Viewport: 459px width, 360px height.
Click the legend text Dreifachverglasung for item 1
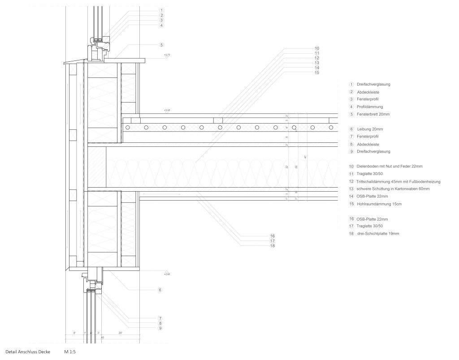coord(373,84)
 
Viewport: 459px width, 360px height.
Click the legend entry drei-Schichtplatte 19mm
coord(377,234)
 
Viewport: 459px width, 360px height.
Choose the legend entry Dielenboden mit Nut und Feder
coord(389,166)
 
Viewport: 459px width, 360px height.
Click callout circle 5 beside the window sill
coord(161,45)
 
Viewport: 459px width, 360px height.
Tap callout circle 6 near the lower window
coord(160,290)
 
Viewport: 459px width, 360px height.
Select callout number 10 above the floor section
coord(317,48)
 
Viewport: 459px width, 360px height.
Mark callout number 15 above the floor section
coord(317,73)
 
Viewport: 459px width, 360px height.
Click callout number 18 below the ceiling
coord(272,246)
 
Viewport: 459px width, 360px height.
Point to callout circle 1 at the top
coord(161,10)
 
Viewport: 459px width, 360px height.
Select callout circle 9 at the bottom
coord(160,328)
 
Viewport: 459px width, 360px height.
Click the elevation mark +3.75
coord(167,55)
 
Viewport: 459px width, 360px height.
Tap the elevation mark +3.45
coord(167,110)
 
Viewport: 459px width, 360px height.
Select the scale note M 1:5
coord(69,352)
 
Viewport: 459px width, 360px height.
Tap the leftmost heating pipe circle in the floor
coord(128,128)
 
